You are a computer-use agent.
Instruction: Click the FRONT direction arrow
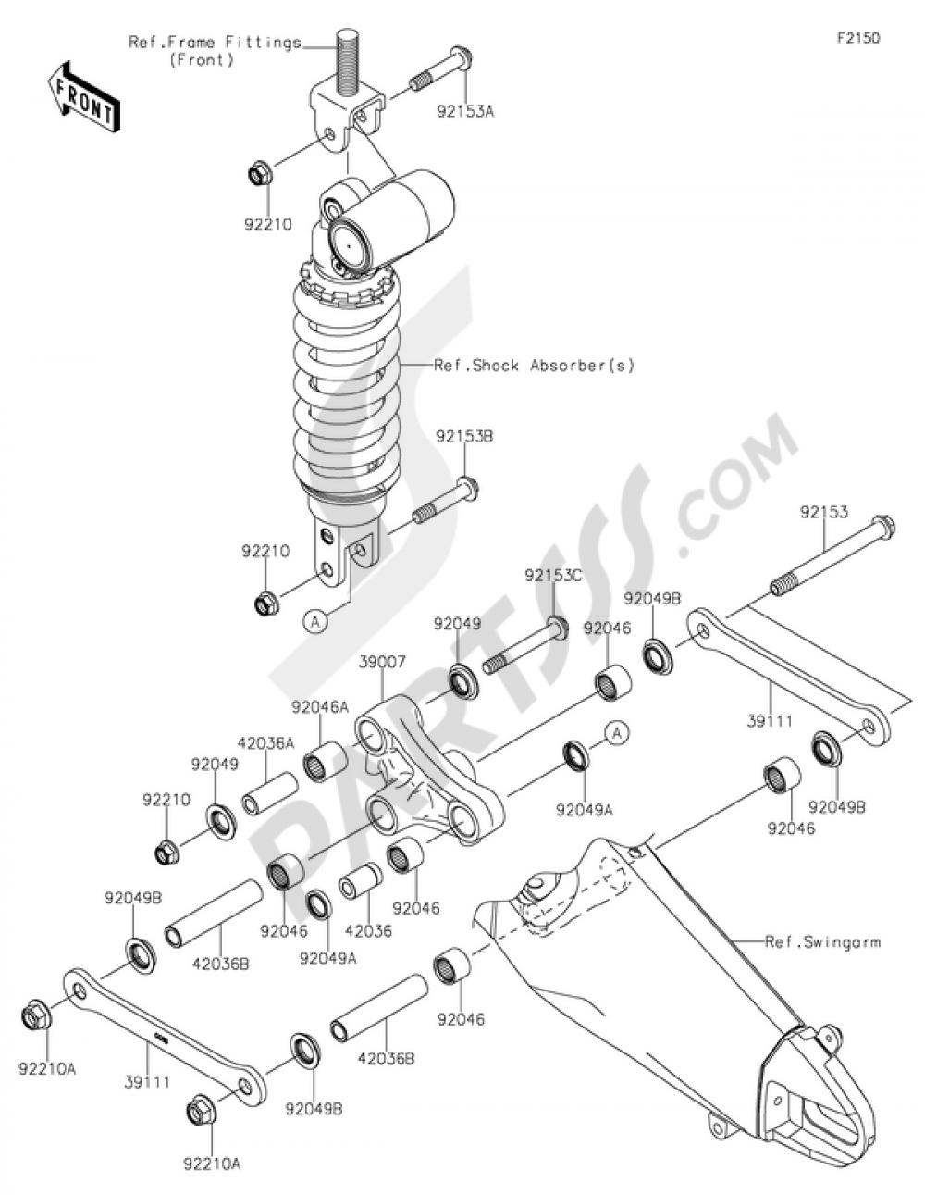[85, 95]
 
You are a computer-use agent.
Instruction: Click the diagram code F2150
[858, 38]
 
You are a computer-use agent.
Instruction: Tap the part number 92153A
[465, 112]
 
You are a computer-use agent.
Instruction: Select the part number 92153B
[464, 436]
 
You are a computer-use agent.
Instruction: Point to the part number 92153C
[553, 576]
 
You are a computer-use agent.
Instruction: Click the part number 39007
[382, 663]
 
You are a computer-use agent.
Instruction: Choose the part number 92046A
[320, 708]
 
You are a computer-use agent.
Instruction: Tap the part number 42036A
[266, 743]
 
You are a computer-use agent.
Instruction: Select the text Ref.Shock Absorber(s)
[534, 365]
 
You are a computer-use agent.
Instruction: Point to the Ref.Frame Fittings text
[216, 43]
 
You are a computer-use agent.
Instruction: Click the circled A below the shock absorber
[315, 621]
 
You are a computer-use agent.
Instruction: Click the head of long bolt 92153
[882, 525]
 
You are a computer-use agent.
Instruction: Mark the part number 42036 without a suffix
[368, 931]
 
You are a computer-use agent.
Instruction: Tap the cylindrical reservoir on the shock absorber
[393, 222]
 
